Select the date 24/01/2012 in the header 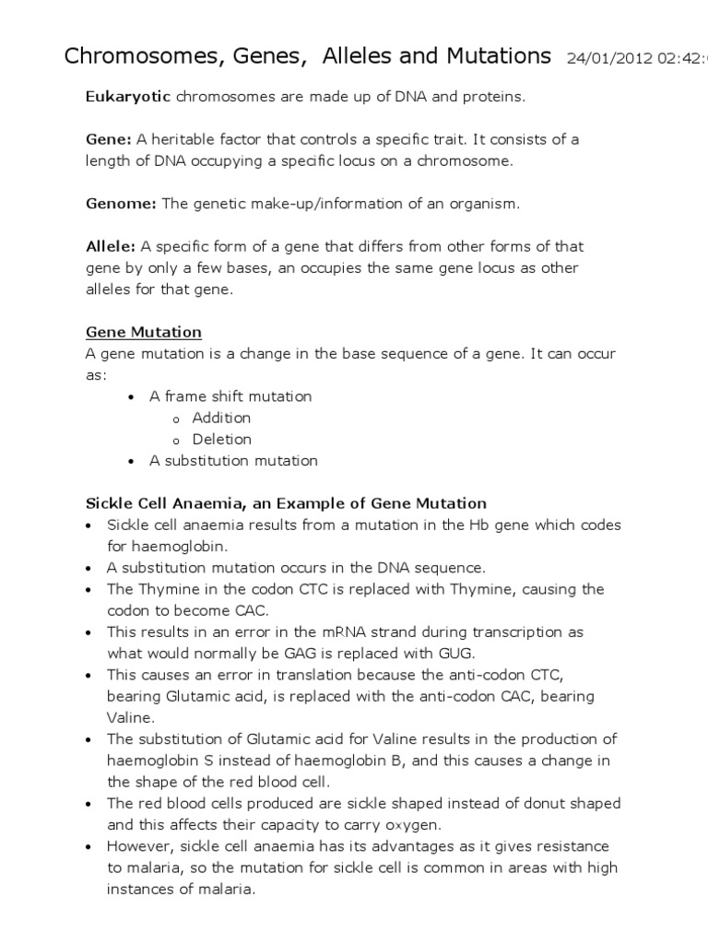coord(605,58)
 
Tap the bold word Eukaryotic coord(128,97)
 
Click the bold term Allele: coord(111,246)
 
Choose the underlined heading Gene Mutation coord(144,332)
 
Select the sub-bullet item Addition coord(221,418)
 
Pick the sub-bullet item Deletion coord(221,439)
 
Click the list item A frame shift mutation coord(230,396)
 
